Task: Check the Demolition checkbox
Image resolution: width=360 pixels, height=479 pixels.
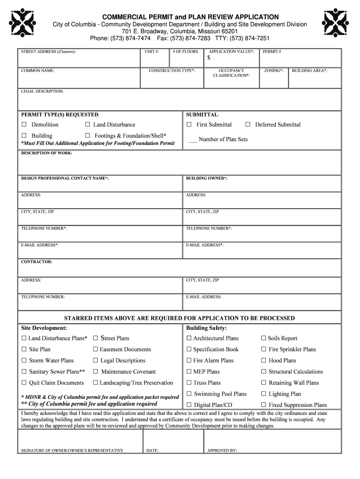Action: pos(24,125)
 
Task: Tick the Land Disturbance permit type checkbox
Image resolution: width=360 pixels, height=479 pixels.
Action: pos(87,125)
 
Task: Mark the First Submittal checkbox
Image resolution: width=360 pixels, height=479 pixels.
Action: pos(189,125)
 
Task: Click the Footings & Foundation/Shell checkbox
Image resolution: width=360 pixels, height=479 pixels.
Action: pos(87,136)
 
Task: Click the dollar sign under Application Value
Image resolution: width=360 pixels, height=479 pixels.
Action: pos(209,58)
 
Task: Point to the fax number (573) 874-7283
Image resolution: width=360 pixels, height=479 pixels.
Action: pos(189,38)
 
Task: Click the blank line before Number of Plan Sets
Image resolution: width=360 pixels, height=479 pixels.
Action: pos(192,140)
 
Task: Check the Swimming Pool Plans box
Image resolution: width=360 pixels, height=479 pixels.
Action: pos(189,394)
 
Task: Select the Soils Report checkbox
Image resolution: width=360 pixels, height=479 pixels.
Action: pos(264,339)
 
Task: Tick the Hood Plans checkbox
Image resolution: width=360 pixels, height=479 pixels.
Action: pos(264,361)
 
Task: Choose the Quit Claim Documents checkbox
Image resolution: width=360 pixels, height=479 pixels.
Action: pos(24,383)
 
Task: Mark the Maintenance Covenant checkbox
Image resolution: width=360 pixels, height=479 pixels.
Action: pos(95,372)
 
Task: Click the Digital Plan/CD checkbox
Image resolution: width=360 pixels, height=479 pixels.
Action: pos(189,405)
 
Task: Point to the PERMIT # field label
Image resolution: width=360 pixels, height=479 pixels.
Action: pos(272,51)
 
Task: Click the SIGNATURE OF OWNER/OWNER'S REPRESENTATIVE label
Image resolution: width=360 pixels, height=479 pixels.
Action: pos(72,450)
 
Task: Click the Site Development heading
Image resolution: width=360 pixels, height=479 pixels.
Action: pos(44,328)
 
